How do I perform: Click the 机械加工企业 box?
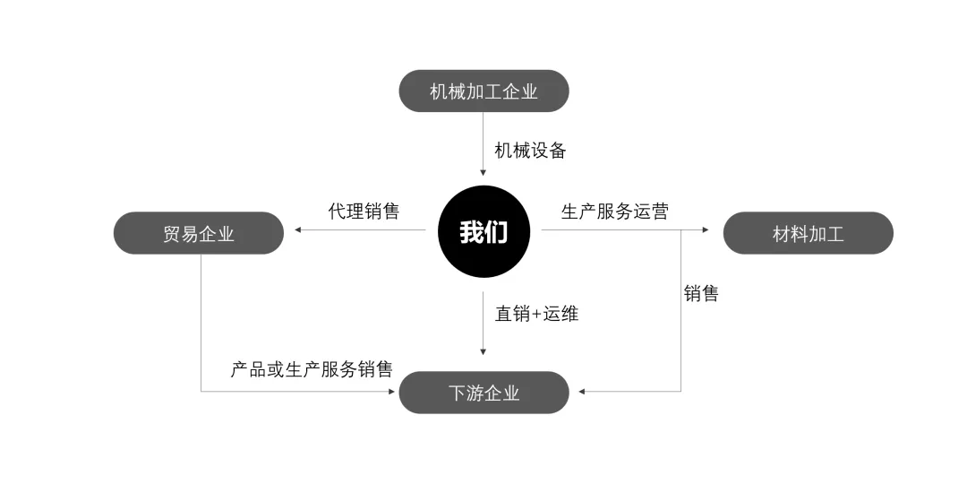[x=483, y=91]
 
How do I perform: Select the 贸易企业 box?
[x=199, y=233]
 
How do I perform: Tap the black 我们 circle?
[x=483, y=232]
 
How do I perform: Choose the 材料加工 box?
[x=808, y=233]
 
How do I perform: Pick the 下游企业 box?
[x=483, y=393]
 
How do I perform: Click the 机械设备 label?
[x=530, y=151]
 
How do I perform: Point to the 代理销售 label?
[x=364, y=212]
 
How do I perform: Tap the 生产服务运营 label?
[x=614, y=212]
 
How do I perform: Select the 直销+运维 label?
[x=536, y=314]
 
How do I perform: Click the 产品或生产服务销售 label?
[x=311, y=368]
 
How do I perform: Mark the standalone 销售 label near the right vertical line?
[x=701, y=293]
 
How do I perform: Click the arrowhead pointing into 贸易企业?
[x=298, y=230]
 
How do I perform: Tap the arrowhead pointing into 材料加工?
[x=706, y=230]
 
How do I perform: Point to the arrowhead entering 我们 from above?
[x=483, y=173]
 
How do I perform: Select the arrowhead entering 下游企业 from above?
[x=483, y=353]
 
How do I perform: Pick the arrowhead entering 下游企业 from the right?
[x=582, y=392]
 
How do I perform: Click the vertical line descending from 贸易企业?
[x=201, y=323]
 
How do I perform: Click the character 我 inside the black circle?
[x=472, y=233]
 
